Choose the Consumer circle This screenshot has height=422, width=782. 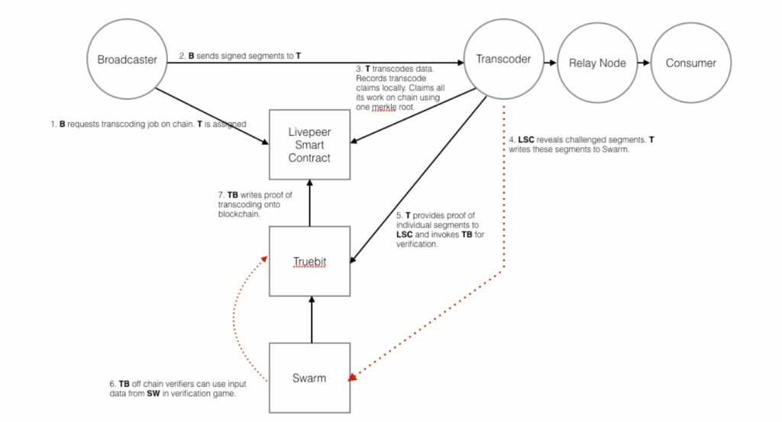[691, 63]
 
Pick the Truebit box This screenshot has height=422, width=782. [309, 261]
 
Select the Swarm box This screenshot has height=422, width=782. [309, 379]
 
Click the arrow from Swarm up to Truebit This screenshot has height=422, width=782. [309, 319]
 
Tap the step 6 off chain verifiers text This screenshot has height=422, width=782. [176, 388]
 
